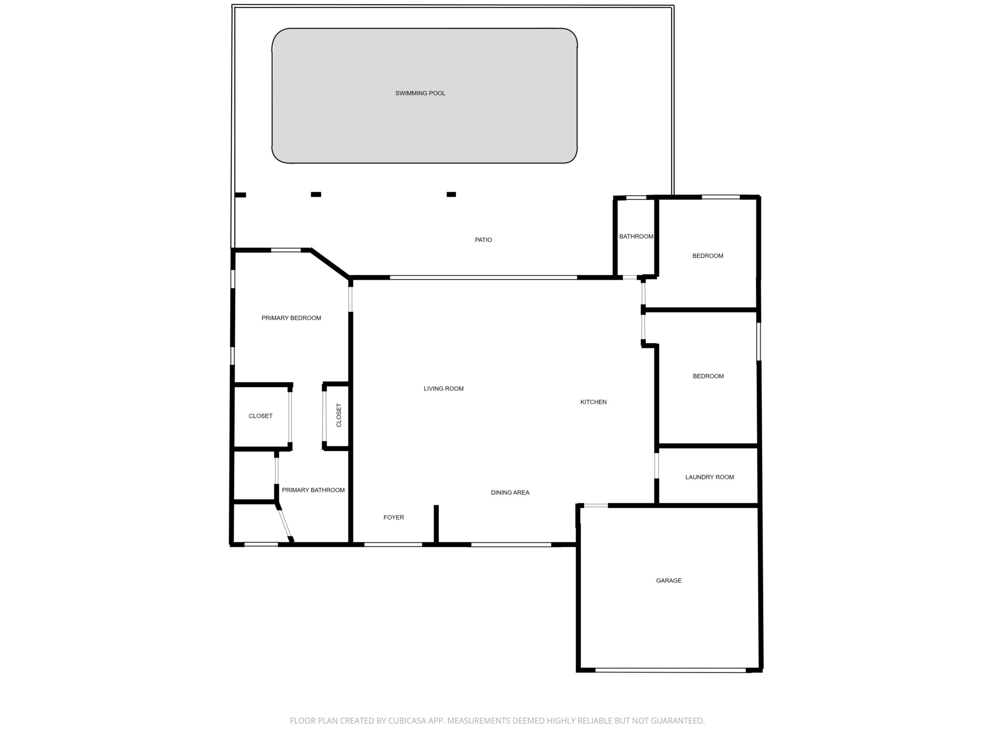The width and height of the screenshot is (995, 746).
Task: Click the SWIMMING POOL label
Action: pyautogui.click(x=420, y=94)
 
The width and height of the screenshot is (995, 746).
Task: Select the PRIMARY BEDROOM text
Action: pyautogui.click(x=291, y=318)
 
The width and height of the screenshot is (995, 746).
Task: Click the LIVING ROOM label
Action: pyautogui.click(x=444, y=389)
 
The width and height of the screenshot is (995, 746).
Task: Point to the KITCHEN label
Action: pyautogui.click(x=593, y=402)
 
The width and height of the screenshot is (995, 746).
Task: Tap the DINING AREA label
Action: pyautogui.click(x=510, y=493)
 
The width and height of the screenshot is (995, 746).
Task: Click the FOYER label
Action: pyautogui.click(x=393, y=518)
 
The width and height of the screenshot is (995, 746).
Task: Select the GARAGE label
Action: pyautogui.click(x=669, y=581)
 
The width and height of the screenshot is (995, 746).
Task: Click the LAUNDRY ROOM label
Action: pyautogui.click(x=710, y=477)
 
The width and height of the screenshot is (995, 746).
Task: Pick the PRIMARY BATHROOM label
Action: pyautogui.click(x=313, y=491)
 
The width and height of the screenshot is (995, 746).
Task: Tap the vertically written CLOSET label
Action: pyautogui.click(x=339, y=416)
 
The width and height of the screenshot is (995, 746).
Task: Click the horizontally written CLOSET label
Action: pyautogui.click(x=260, y=416)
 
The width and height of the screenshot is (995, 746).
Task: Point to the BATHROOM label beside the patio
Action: pyautogui.click(x=636, y=237)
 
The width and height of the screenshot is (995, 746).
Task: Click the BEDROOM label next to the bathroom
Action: pyautogui.click(x=708, y=256)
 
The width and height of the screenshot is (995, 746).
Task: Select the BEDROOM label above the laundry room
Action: pyautogui.click(x=708, y=376)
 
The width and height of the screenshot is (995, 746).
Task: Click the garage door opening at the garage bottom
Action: pyautogui.click(x=671, y=670)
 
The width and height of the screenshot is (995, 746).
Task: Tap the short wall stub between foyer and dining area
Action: pyautogui.click(x=436, y=524)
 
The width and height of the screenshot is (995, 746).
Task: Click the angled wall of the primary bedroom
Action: pyautogui.click(x=330, y=263)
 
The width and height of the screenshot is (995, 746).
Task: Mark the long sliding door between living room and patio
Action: pyautogui.click(x=484, y=278)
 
